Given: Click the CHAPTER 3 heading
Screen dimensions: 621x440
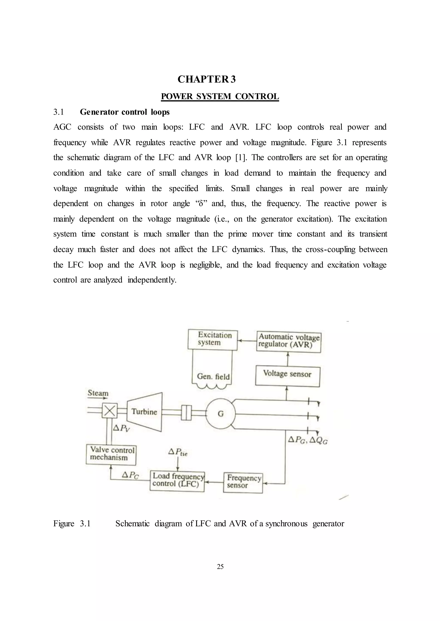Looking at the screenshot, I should (206, 79).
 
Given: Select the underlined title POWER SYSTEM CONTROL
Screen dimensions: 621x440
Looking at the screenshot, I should (220, 96).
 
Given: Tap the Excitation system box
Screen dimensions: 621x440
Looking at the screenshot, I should (213, 340).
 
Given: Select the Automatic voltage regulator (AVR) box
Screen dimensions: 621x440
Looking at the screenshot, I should (289, 342).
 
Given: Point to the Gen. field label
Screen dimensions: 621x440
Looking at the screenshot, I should (213, 376).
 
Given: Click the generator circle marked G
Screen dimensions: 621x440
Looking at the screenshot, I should (221, 414).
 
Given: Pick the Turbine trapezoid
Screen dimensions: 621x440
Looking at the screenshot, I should (145, 412).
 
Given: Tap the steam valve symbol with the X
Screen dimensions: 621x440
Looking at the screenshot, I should (109, 411).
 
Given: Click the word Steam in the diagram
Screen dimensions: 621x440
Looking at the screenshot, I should (98, 393).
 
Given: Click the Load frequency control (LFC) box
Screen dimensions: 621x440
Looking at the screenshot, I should (177, 481).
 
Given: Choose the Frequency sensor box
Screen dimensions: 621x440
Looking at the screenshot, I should (243, 482).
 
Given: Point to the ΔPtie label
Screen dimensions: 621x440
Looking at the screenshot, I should (178, 452).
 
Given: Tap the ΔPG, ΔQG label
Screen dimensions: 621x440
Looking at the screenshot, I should (308, 440).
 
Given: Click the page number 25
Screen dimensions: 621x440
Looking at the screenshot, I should (220, 566).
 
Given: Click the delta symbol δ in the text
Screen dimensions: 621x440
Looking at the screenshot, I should (201, 203).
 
